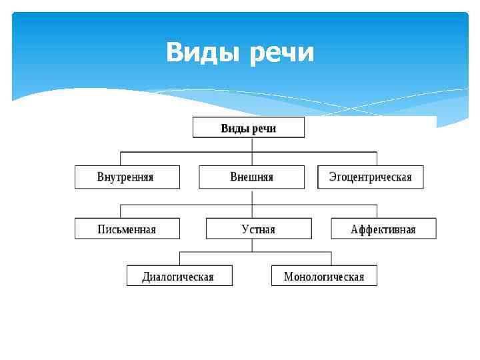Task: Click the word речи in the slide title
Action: [x=282, y=53]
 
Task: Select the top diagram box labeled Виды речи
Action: [x=249, y=127]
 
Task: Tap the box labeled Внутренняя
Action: [x=127, y=177]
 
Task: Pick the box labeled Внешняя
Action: [x=251, y=177]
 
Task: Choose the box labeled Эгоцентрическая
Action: [x=371, y=177]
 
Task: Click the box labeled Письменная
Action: [x=127, y=229]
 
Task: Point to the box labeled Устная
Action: [x=258, y=229]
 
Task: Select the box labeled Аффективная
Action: [x=383, y=229]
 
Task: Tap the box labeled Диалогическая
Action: [x=179, y=276]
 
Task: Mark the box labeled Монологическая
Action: [x=324, y=276]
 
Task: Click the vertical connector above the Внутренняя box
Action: [x=121, y=159]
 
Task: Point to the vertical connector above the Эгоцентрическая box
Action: [x=377, y=159]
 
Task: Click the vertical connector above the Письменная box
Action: [x=121, y=211]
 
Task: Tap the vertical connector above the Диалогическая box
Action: [x=180, y=258]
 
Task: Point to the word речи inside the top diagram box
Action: [x=264, y=128]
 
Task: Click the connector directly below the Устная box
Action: [x=252, y=245]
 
